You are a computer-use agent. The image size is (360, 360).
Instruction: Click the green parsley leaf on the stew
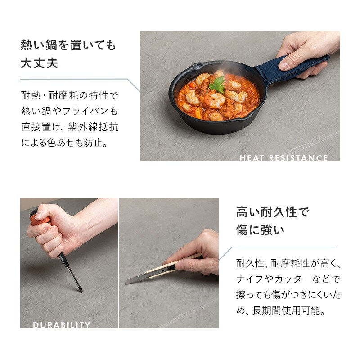(x=217, y=85)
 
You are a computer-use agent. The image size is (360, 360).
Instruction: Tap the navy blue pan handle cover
(x=290, y=68)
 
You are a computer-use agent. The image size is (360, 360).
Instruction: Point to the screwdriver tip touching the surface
(x=81, y=291)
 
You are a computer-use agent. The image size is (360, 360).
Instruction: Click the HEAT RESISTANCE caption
(x=284, y=158)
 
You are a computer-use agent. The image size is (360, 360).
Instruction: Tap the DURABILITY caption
(x=62, y=324)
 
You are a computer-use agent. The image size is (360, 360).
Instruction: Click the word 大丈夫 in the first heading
(x=39, y=63)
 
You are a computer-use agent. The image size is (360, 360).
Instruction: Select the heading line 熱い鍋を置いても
(x=68, y=45)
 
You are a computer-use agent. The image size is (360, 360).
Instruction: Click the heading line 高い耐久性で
(x=273, y=212)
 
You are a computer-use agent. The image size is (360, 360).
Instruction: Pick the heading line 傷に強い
(x=260, y=230)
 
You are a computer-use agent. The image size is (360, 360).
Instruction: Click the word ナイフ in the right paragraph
(x=250, y=279)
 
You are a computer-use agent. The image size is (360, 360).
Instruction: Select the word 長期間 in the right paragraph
(x=267, y=310)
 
